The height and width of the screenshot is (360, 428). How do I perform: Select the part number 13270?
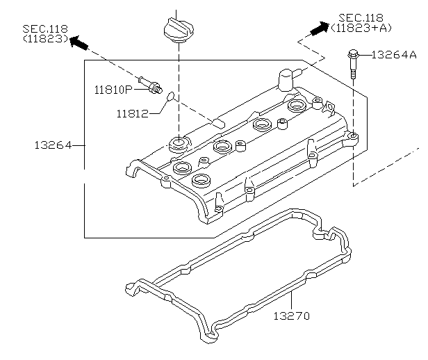click(x=292, y=316)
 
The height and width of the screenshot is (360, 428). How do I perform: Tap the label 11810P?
click(x=113, y=89)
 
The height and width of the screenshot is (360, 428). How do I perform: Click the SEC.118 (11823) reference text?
click(x=44, y=34)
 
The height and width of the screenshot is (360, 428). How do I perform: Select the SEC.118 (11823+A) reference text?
click(x=362, y=22)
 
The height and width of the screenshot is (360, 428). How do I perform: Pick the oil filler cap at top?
click(x=179, y=29)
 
